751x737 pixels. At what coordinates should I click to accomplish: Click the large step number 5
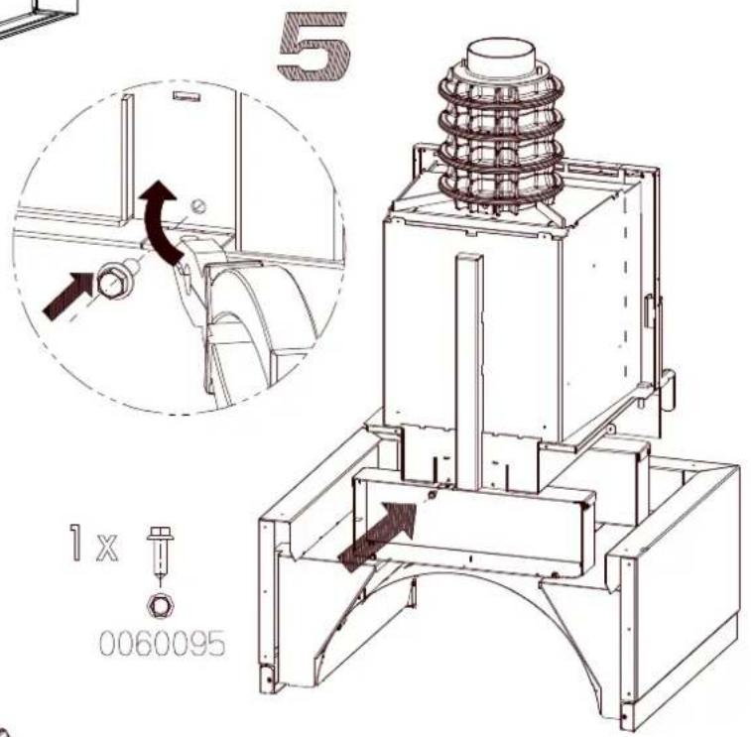(313, 46)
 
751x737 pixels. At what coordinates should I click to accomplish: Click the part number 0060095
(163, 643)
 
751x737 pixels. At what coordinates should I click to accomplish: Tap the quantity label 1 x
(93, 543)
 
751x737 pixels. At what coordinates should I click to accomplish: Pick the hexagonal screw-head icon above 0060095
(161, 605)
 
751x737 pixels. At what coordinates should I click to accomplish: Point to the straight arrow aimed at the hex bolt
(67, 295)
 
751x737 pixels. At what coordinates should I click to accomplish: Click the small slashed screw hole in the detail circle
(198, 206)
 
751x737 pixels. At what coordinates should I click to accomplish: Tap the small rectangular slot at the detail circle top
(186, 96)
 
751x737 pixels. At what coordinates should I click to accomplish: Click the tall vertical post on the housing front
(470, 371)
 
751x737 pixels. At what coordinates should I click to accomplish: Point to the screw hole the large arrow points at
(432, 495)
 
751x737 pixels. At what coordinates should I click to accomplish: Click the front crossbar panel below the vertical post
(474, 522)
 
